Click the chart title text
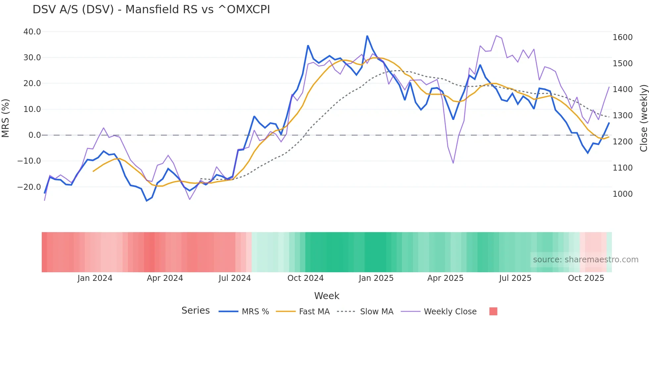pos(151,10)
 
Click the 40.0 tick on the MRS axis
pos(32,32)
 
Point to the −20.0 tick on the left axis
pos(29,187)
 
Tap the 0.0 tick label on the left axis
pos(35,135)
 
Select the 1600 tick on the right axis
pos(623,37)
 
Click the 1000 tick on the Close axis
pos(623,194)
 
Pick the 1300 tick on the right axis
pos(623,116)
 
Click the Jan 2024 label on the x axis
pos(95,278)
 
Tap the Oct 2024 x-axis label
pos(305,278)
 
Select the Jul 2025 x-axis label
pos(515,278)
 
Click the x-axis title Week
pos(326,296)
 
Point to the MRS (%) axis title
pos(6,118)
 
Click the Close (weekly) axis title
pos(643,118)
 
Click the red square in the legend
pos(493,311)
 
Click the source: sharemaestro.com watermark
pos(585,260)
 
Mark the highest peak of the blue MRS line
pos(367,36)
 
